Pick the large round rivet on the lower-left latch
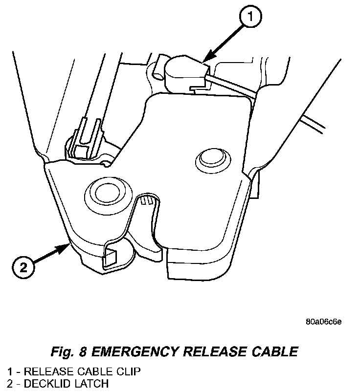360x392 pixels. point(104,194)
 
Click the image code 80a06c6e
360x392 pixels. point(323,322)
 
